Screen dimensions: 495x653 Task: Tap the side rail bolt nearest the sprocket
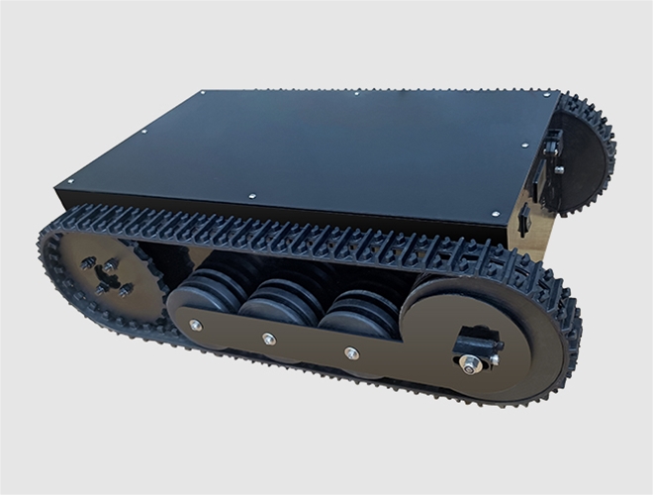(195, 325)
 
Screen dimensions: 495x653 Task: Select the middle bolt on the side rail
(269, 339)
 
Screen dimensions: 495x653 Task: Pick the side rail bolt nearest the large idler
(350, 352)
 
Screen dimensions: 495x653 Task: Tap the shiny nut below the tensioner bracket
(467, 368)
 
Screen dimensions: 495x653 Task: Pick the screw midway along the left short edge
(142, 130)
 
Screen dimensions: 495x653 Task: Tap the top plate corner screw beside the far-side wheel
(542, 96)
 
